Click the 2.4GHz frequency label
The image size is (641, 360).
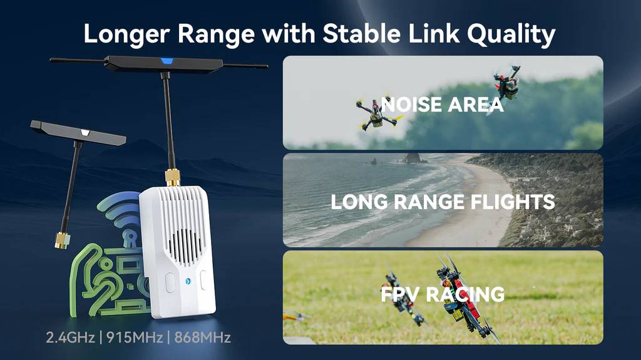tap(70, 337)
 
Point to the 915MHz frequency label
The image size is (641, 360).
tap(135, 337)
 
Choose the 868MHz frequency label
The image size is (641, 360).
tap(203, 337)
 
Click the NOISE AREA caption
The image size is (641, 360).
tap(443, 105)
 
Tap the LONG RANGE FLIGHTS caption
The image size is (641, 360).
tap(443, 202)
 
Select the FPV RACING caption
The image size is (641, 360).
tap(443, 294)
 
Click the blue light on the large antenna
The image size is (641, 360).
tap(167, 61)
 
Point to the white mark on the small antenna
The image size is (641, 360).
tap(85, 132)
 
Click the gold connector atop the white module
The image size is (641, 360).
tap(173, 178)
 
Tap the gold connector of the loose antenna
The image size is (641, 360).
tap(62, 240)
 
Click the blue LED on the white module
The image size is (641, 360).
tap(188, 281)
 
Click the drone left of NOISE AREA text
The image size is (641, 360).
tap(376, 115)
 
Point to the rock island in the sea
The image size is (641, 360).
tap(414, 158)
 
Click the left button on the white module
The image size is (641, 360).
tap(170, 283)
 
